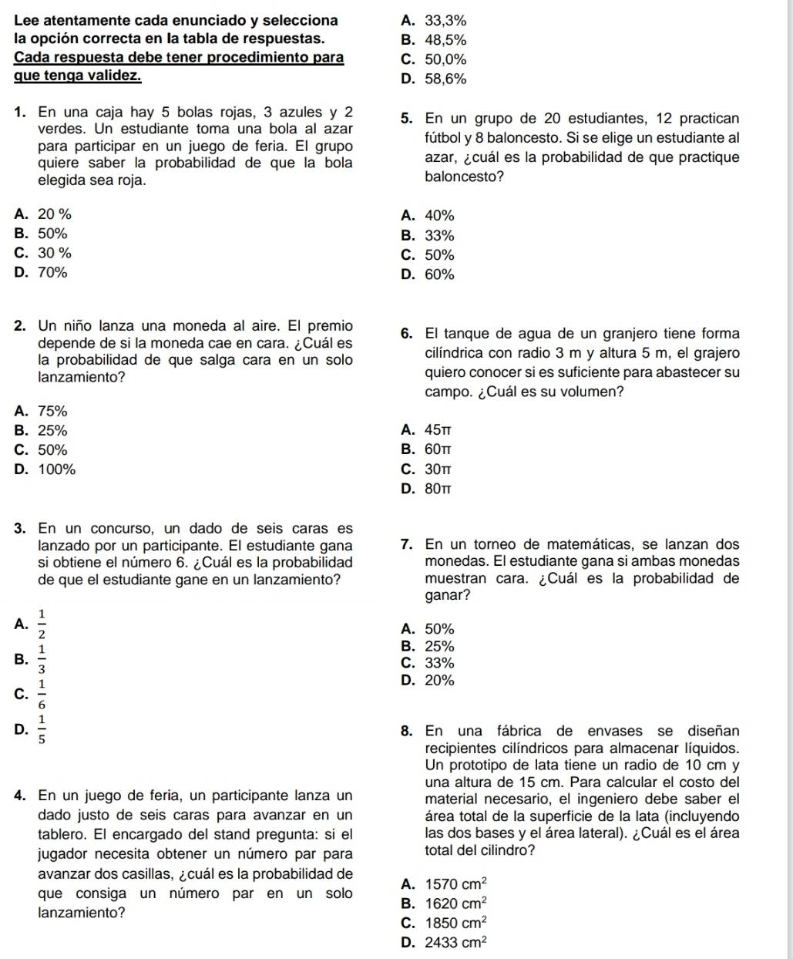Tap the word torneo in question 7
coord(500,544)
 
